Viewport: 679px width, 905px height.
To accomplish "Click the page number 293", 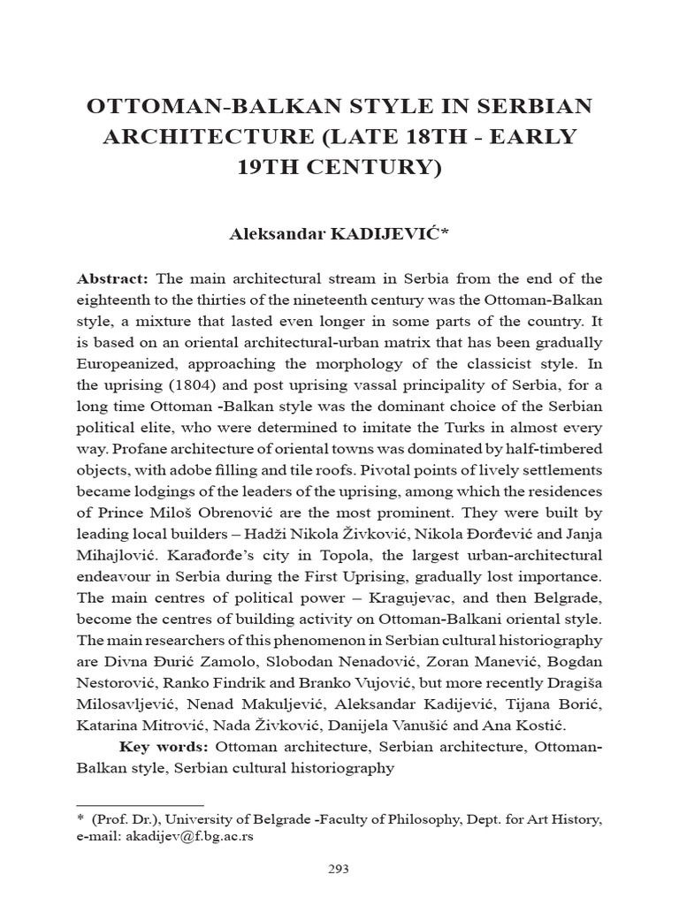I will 339,869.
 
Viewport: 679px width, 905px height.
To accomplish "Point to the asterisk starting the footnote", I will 80,820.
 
